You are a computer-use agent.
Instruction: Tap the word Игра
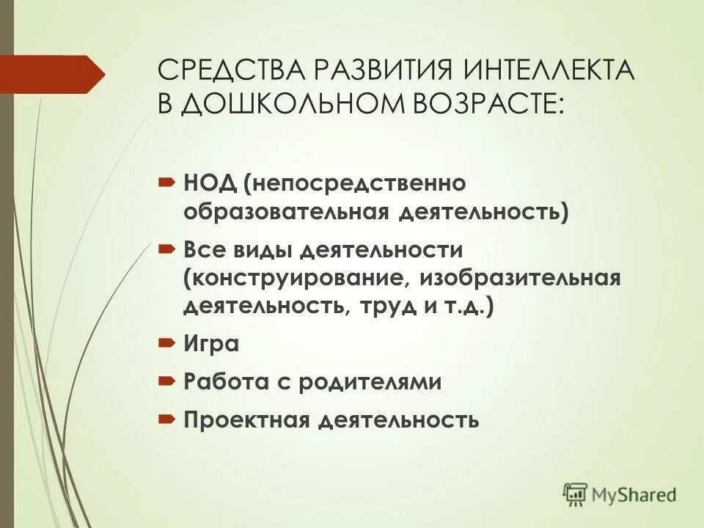(x=211, y=343)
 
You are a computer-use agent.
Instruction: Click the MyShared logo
(x=619, y=494)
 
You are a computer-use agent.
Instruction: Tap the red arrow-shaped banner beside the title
(x=56, y=73)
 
